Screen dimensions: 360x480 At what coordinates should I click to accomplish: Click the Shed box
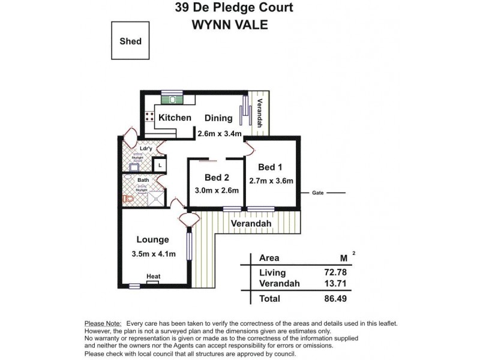click(x=130, y=41)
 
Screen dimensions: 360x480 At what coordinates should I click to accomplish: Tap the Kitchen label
click(x=175, y=118)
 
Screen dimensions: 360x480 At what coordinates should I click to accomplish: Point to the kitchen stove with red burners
click(x=148, y=118)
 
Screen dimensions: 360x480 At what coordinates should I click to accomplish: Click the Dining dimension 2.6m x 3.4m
click(x=220, y=133)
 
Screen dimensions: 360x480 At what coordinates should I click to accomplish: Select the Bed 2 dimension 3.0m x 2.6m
click(x=217, y=190)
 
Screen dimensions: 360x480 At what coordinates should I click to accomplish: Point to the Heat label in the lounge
click(x=154, y=277)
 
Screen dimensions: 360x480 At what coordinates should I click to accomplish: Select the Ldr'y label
click(x=145, y=148)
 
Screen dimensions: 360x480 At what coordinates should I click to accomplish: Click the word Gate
click(x=318, y=193)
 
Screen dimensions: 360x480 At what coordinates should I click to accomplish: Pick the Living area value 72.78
click(x=335, y=273)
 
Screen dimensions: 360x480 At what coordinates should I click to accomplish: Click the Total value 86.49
click(x=335, y=298)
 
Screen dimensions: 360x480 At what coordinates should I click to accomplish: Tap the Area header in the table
click(x=269, y=258)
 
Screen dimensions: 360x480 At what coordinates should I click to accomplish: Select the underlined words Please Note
click(x=103, y=323)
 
